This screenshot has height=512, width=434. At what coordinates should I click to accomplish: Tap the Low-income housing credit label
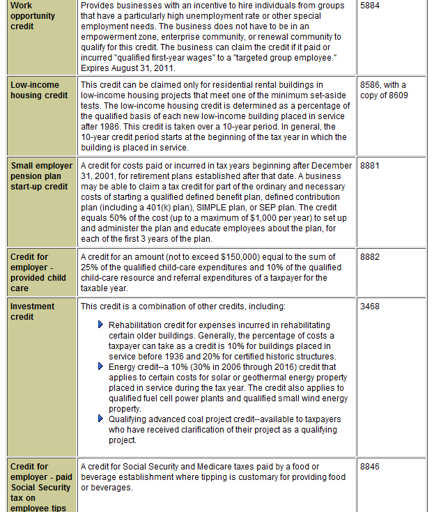(x=39, y=90)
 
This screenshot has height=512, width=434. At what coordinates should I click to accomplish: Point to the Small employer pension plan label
(x=41, y=176)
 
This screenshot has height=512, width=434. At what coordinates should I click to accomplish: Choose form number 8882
(x=371, y=257)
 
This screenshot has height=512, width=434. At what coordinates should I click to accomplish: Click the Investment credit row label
(x=32, y=311)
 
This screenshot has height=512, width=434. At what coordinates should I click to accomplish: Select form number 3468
(x=371, y=307)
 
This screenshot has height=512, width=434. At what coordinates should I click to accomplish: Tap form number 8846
(x=371, y=467)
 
